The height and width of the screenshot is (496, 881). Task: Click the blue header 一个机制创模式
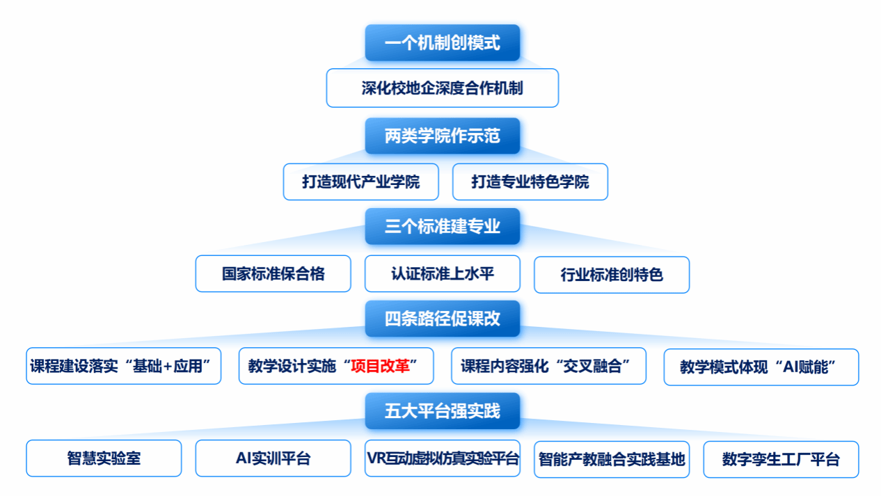point(443,42)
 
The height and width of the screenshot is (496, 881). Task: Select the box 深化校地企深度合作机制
point(443,88)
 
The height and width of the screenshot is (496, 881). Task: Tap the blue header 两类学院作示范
point(443,136)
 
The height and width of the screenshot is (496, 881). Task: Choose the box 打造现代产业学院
point(361,182)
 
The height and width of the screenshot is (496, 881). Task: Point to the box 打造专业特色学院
point(530,182)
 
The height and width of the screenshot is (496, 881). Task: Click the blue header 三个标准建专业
point(443,226)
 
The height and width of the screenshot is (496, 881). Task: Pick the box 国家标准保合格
point(273,274)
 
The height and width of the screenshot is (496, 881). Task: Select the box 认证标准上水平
point(443,274)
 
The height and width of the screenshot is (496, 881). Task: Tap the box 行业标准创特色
point(612,275)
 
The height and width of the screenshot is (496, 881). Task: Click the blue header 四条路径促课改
point(443,319)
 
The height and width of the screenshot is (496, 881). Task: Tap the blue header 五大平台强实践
point(443,410)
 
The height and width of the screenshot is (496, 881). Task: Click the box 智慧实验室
point(104,458)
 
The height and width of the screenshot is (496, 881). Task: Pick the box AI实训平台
point(273,458)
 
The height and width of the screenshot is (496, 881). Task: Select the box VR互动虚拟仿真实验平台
point(443,458)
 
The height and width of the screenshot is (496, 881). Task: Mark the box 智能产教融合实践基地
point(612,459)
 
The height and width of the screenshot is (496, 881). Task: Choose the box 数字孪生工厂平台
point(781,459)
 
